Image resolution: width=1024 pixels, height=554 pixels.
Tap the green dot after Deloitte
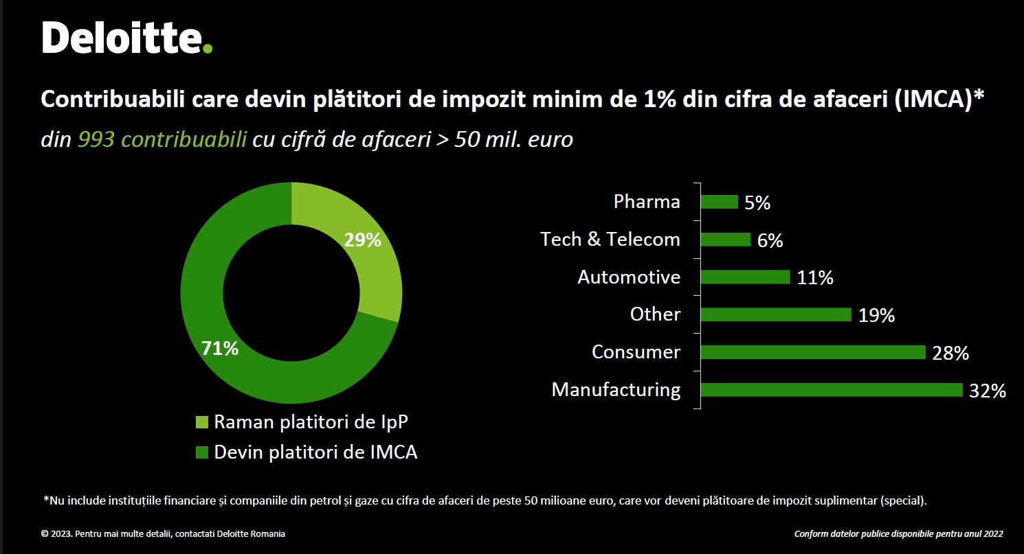tap(208, 48)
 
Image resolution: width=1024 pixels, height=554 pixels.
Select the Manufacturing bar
tap(832, 390)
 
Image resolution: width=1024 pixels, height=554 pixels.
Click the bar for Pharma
tap(719, 202)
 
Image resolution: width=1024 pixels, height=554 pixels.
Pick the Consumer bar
tap(813, 352)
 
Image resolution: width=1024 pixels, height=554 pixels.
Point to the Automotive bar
tap(746, 277)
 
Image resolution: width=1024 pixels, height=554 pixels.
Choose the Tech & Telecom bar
tap(726, 240)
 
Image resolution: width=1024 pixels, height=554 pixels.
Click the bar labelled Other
tap(776, 314)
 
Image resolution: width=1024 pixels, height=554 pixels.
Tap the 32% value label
tap(988, 391)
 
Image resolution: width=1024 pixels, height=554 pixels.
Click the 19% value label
tap(876, 316)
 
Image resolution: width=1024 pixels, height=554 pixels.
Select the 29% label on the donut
tap(361, 240)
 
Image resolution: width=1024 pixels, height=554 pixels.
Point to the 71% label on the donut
tap(220, 349)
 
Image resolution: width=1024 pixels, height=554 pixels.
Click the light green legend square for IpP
tap(202, 422)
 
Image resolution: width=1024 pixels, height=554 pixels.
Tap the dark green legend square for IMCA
tap(202, 453)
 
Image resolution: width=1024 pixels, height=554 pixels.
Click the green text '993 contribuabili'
tap(162, 140)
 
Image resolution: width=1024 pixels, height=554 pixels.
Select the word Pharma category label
tap(647, 202)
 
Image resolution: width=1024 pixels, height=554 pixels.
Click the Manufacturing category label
tap(616, 390)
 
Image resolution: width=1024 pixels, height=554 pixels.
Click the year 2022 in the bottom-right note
tap(992, 533)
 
